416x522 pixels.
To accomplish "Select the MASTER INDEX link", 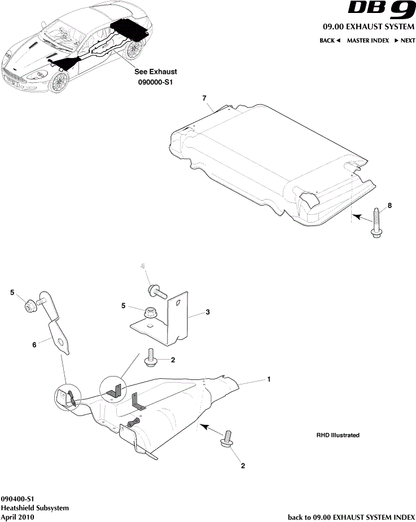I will [x=367, y=41].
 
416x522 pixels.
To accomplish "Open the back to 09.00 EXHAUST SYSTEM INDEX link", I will [x=351, y=516].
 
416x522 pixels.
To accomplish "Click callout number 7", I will [x=205, y=98].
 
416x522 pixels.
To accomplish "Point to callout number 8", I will [x=389, y=206].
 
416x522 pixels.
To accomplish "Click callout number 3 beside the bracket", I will [x=208, y=311].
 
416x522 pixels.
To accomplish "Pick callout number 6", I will [x=34, y=343].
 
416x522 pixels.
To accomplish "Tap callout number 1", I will [x=269, y=379].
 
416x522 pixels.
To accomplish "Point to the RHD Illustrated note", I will [x=338, y=435].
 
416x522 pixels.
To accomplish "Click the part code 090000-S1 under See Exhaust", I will [x=155, y=82].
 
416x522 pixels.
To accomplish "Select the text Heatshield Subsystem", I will [x=35, y=508].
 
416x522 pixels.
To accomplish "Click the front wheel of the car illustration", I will [x=58, y=83].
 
